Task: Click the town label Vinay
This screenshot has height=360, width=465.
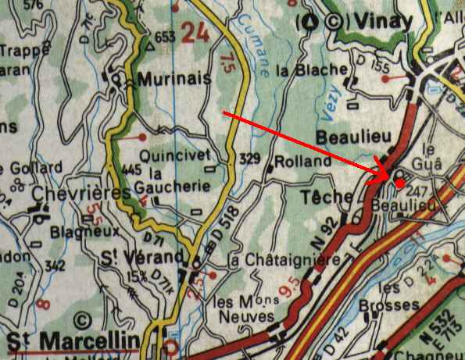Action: tap(381, 22)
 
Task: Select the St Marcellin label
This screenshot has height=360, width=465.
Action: tap(76, 340)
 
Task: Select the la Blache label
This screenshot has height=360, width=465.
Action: tap(311, 70)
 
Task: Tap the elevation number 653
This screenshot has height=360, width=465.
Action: tap(165, 37)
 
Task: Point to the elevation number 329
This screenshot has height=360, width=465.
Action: tap(250, 159)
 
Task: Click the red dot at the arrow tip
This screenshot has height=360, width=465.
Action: tap(399, 184)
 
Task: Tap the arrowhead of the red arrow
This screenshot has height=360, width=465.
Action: tap(388, 176)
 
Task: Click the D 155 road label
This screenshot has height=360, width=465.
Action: tap(370, 68)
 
